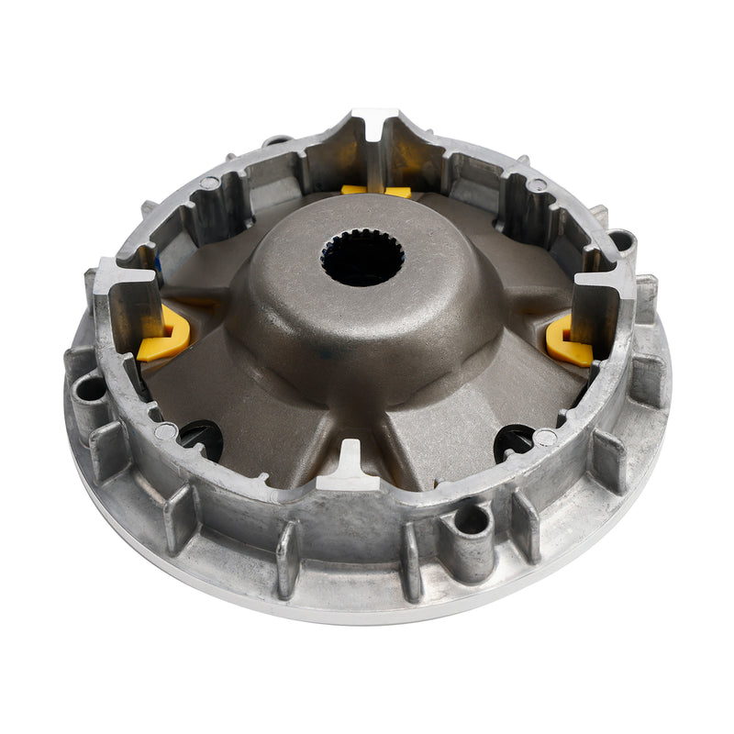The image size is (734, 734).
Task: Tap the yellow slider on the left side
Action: [x=165, y=336]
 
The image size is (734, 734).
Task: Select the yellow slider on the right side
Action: [x=569, y=341]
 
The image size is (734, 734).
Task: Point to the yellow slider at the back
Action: [x=376, y=191]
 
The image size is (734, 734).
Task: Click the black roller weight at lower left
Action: [x=202, y=439]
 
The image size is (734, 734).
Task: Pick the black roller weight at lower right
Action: [x=514, y=441]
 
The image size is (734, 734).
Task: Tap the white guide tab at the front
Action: [x=350, y=463]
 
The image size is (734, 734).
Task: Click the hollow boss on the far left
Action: [x=90, y=389]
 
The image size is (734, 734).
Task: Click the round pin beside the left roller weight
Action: [x=166, y=430]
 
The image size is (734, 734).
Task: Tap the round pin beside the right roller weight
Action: [x=546, y=438]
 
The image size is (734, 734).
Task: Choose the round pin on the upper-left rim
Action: [x=209, y=183]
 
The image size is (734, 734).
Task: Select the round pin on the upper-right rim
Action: [x=538, y=185]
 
